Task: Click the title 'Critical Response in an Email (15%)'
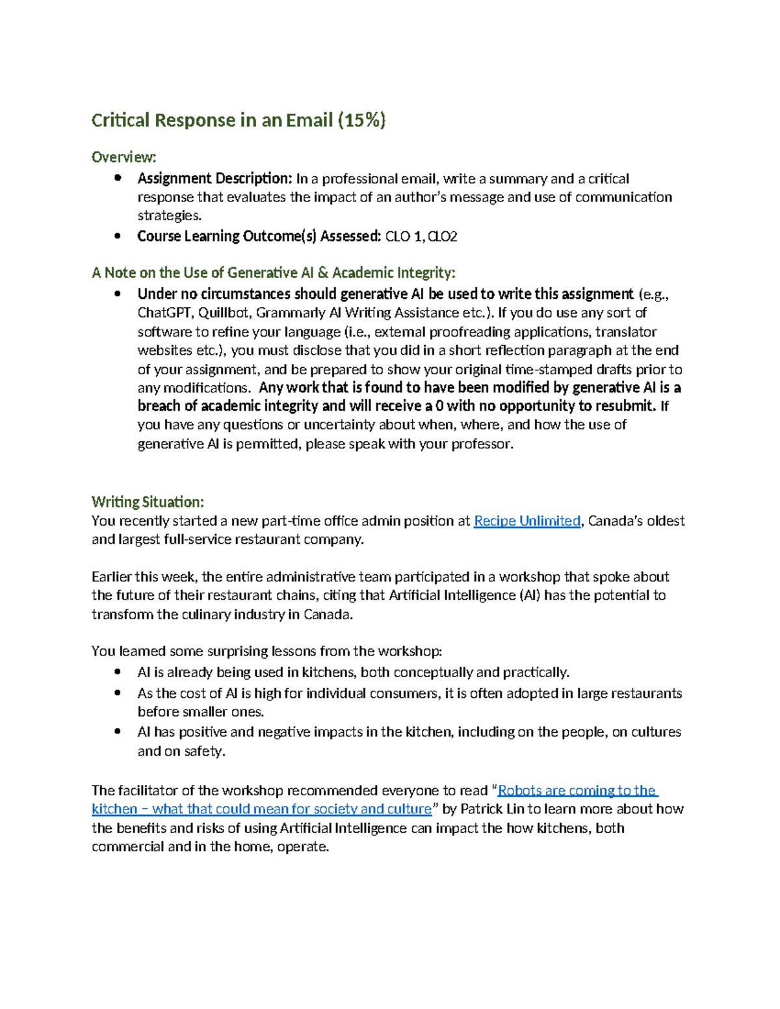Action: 238,120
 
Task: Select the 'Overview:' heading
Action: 123,157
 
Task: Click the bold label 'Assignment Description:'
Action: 214,179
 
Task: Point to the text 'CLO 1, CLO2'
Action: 421,236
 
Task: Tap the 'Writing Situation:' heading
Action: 148,502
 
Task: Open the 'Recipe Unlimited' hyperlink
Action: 526,521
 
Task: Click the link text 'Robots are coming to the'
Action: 577,790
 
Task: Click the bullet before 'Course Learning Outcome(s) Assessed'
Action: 118,236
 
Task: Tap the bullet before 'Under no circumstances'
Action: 118,294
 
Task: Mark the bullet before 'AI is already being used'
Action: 118,672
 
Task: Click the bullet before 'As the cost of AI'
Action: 118,693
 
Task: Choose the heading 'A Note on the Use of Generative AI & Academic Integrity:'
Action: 274,273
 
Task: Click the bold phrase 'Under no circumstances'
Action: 213,294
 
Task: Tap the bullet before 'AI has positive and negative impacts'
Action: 118,732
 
